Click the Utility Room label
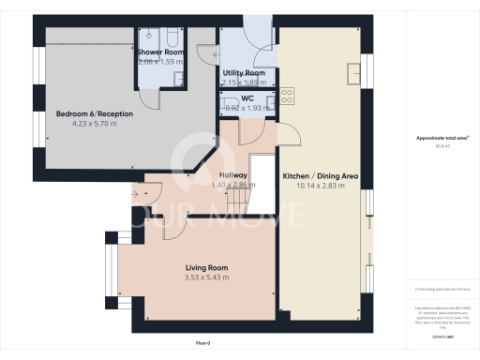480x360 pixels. click(x=243, y=72)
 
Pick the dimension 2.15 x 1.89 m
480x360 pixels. click(x=243, y=82)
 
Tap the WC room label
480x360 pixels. click(x=247, y=97)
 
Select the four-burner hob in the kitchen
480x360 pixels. click(x=287, y=95)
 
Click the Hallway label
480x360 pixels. click(x=232, y=175)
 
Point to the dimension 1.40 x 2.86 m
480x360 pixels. click(x=232, y=186)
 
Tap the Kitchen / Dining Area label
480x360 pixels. click(x=321, y=175)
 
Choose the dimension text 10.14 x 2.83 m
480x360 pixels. click(x=321, y=186)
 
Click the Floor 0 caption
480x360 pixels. click(x=203, y=344)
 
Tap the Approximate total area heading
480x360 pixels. click(x=442, y=138)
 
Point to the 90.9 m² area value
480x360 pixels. click(x=442, y=145)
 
